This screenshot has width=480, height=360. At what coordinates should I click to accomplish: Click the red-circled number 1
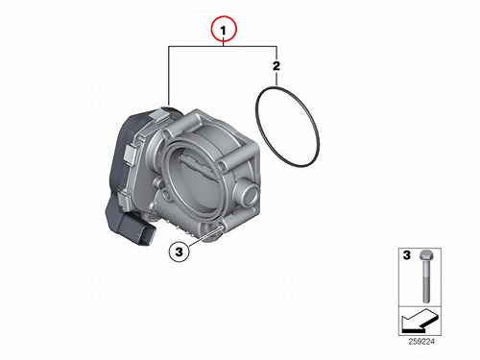(224, 30)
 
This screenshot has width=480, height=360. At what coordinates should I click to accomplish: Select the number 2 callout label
(276, 66)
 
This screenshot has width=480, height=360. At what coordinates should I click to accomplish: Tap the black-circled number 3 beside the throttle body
(179, 252)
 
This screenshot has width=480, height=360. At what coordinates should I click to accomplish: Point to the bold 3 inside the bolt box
(406, 255)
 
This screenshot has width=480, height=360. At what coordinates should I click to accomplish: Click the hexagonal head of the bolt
(425, 254)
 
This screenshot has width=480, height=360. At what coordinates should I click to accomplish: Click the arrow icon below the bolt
(420, 321)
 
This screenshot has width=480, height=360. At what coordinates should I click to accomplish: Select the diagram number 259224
(421, 342)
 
